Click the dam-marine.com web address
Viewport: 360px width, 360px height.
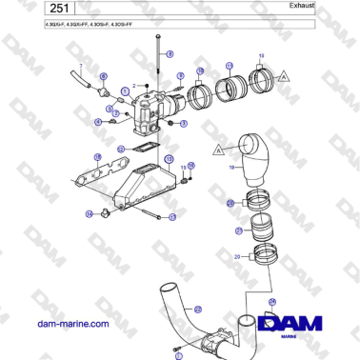71,324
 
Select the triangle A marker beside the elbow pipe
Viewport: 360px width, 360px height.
219,150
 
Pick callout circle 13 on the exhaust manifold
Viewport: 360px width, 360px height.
169,159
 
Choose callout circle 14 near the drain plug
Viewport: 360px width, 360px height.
90,214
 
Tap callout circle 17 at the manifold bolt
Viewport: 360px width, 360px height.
173,217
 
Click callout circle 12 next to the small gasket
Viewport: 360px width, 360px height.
121,149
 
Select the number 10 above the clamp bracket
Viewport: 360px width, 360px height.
262,55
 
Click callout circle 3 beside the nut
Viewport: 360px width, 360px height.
184,124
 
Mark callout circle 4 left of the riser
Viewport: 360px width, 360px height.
99,122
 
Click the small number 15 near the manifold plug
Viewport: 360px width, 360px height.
183,168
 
